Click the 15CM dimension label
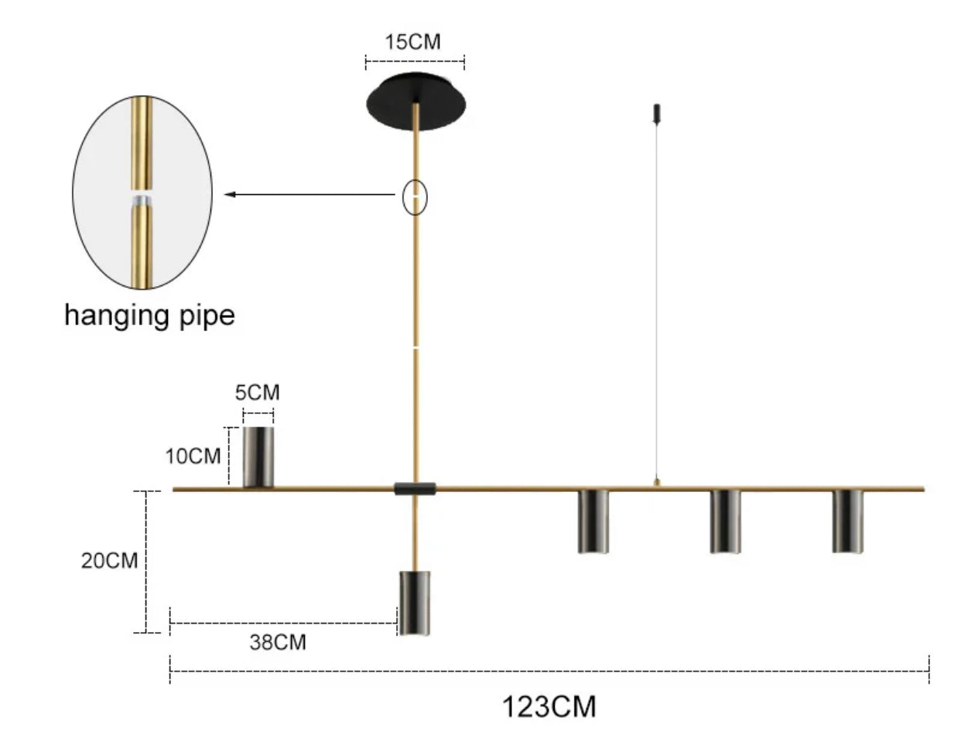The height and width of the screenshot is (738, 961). pos(413,42)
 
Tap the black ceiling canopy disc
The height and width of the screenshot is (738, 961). pos(416,101)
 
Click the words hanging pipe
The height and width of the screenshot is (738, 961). pos(149,316)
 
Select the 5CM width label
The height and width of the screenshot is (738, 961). pos(258,392)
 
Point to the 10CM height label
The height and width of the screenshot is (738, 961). pos(193,456)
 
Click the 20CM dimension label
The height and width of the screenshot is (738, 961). pos(109,560)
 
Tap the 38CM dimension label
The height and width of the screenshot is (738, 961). pos(278,642)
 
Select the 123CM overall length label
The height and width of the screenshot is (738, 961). pos(550,706)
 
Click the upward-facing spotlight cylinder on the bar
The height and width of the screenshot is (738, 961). pos(258,456)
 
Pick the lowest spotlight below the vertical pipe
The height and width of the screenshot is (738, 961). pos(414,603)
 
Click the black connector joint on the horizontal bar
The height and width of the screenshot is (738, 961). pos(415,488)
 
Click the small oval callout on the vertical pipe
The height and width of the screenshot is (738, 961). pos(416,198)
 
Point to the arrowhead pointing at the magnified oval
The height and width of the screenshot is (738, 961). pos(230,194)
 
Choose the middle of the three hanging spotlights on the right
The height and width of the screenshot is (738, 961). pos(725,521)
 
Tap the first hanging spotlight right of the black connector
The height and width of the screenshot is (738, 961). pos(593,521)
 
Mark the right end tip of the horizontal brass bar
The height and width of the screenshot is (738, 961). pos(924,489)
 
